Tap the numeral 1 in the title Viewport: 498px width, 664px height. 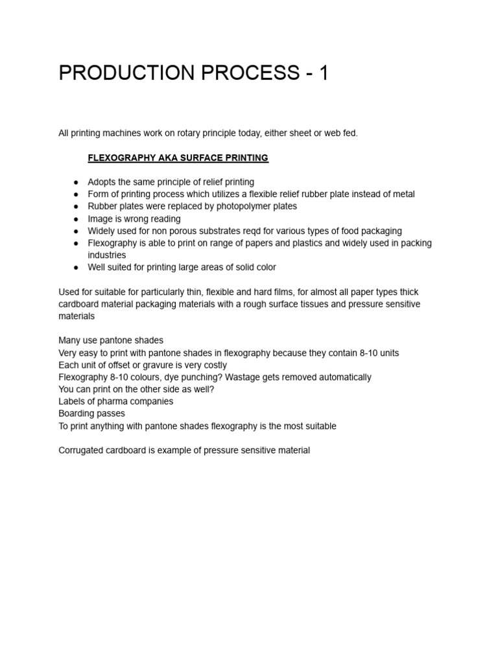click(x=323, y=73)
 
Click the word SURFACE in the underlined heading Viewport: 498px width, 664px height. click(x=200, y=158)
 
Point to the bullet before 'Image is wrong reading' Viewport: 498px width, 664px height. click(x=76, y=219)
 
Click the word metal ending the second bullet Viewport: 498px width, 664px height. click(x=402, y=194)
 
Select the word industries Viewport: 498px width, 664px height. click(x=107, y=255)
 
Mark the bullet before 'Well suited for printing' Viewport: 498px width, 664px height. click(x=76, y=268)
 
